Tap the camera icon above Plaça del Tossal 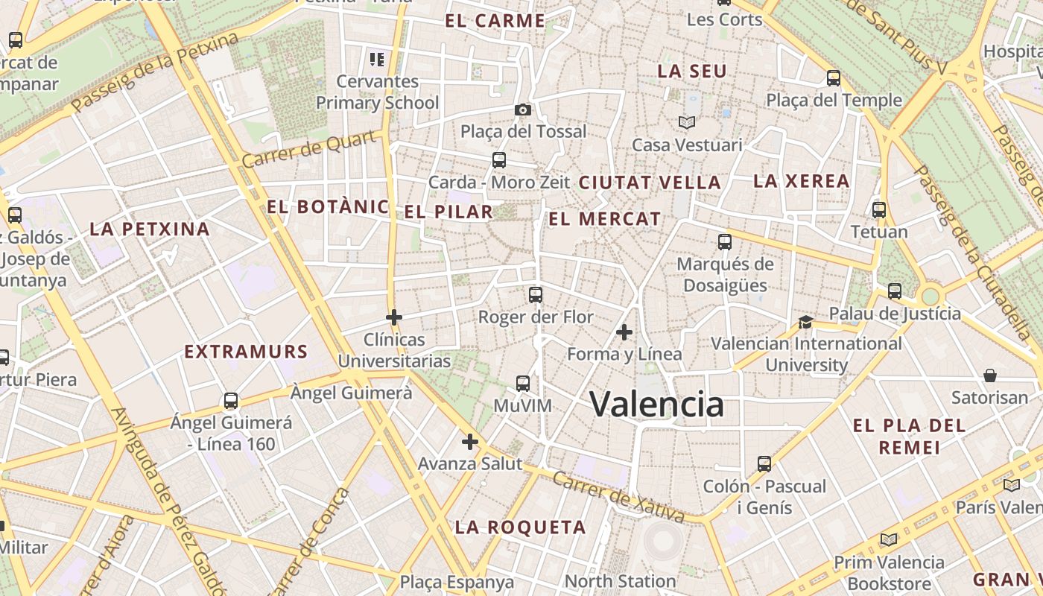523,110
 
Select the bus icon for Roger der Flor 536,295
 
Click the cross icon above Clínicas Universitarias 394,318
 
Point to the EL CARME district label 495,21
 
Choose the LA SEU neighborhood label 692,72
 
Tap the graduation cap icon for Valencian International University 805,322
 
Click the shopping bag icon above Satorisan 990,375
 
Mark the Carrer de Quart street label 309,150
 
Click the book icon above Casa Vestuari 686,122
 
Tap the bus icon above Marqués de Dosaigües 725,242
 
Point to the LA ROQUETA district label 521,527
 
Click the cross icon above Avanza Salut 469,442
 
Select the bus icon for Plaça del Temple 834,78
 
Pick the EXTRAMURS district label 246,352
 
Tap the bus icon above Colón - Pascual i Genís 764,464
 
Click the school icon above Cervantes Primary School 377,59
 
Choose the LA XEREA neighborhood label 801,181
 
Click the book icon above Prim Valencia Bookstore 889,540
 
